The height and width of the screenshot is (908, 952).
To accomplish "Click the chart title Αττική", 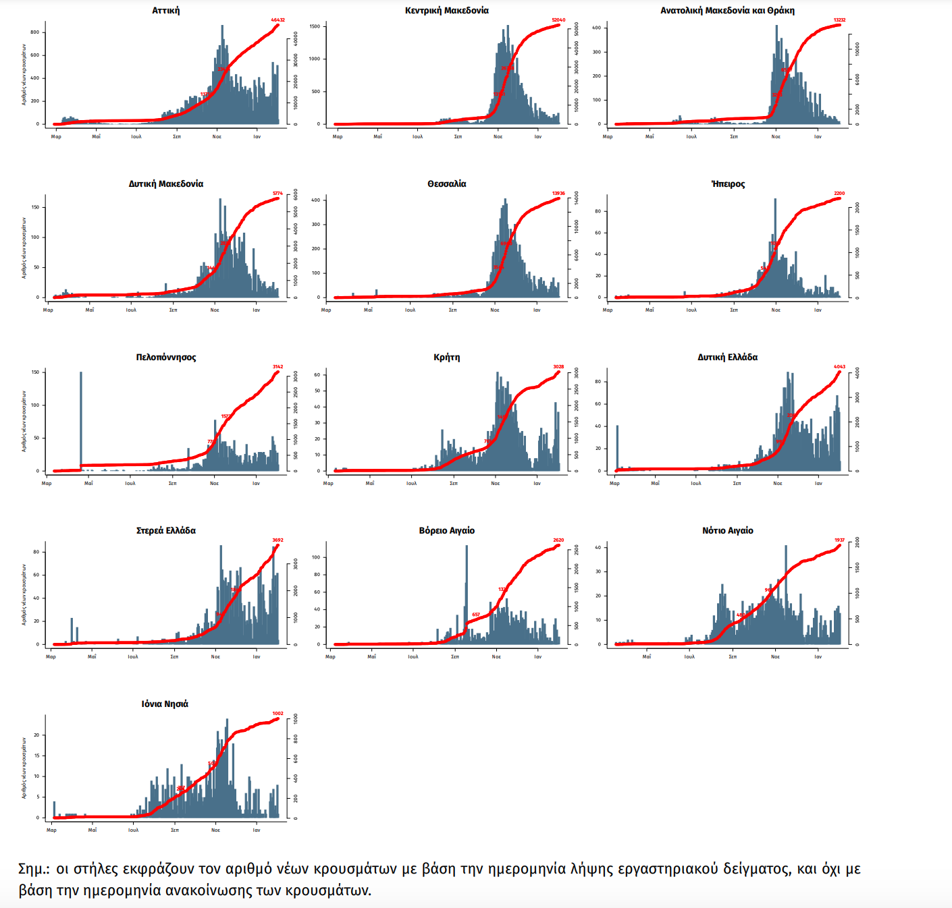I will (x=165, y=11).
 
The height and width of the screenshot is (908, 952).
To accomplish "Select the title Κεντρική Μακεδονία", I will (x=446, y=11).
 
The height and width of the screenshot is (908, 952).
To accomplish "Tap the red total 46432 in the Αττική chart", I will (x=277, y=20).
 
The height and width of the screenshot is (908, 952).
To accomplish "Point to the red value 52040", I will (x=558, y=20).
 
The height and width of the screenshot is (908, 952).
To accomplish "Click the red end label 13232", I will (x=839, y=20).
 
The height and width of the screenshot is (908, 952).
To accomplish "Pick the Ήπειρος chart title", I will (x=728, y=184).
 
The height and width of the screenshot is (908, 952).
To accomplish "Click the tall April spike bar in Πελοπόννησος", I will (x=81, y=418).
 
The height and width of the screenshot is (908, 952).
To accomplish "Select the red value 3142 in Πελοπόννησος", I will (x=277, y=367).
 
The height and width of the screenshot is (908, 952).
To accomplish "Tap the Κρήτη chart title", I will (x=446, y=358).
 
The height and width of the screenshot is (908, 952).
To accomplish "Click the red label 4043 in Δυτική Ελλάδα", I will (x=839, y=367).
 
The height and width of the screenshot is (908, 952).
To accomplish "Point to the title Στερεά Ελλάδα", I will (x=165, y=531).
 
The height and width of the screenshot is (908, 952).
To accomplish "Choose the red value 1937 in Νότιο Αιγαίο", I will (x=839, y=540).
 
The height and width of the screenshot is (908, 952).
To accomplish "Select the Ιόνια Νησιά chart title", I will (x=165, y=704).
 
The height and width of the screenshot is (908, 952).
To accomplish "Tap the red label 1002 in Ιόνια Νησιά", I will (x=277, y=714).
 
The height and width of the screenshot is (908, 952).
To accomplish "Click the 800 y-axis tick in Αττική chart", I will (x=34, y=32).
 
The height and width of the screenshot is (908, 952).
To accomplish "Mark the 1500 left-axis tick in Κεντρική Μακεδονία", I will (x=315, y=26).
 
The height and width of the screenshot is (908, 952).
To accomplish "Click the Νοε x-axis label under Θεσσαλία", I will (x=495, y=310).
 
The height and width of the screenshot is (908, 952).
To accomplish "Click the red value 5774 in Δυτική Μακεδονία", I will (x=277, y=194).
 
